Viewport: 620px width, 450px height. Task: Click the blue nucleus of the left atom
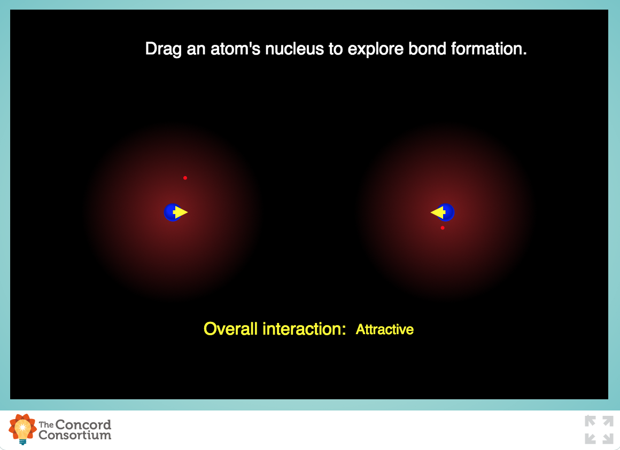pos(170,212)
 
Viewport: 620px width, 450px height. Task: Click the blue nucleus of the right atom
pos(447,212)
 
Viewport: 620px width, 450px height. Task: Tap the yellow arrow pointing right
pos(181,212)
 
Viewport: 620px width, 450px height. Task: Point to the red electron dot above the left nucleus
pos(185,178)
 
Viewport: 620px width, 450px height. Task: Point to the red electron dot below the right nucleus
pos(443,228)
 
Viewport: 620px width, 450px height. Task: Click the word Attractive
pos(385,329)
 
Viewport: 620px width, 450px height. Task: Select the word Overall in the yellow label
pos(230,329)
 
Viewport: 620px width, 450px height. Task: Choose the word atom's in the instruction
pos(236,49)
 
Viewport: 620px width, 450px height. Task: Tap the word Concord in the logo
pos(83,425)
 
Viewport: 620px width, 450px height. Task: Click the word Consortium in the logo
pos(75,435)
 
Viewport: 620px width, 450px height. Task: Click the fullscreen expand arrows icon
pos(599,430)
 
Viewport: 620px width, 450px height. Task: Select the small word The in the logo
pos(46,425)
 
